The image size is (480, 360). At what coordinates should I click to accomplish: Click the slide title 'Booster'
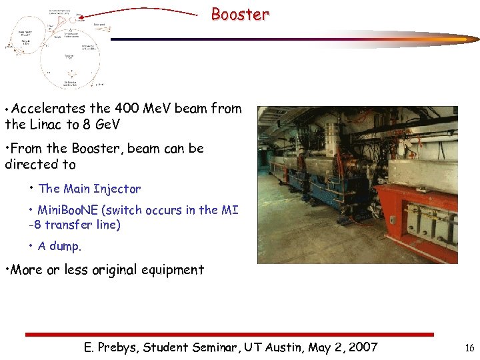pyautogui.click(x=240, y=15)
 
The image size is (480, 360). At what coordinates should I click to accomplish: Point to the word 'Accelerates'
pyautogui.click(x=48, y=108)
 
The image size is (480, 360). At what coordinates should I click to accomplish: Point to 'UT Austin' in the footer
pyautogui.click(x=266, y=347)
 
